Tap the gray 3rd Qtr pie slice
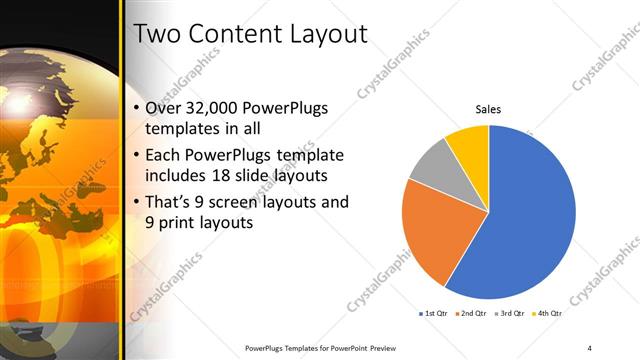click(x=433, y=166)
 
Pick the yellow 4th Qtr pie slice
click(x=468, y=143)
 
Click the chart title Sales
click(x=487, y=109)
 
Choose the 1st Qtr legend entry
click(x=434, y=313)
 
